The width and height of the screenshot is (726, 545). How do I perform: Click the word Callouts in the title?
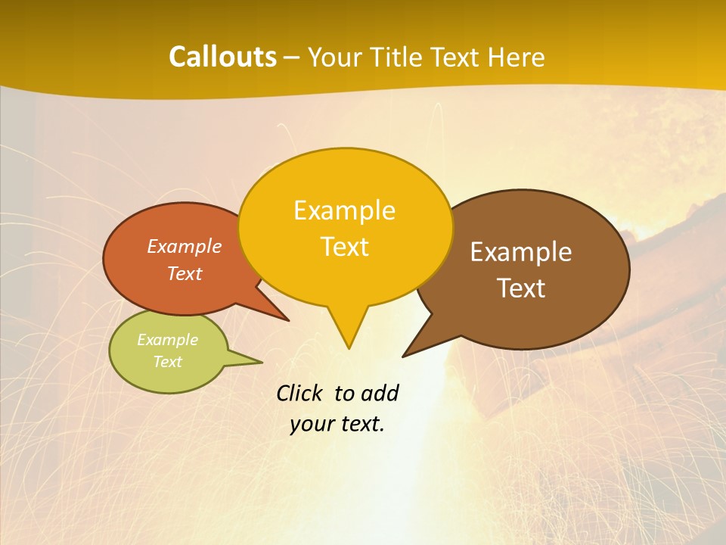tap(222, 57)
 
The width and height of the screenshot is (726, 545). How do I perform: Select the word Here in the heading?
tap(516, 57)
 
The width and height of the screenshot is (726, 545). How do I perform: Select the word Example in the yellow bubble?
tap(345, 210)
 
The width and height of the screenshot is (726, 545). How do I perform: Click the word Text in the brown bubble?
tap(521, 288)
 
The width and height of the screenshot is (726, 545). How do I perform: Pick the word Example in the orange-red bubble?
tap(185, 247)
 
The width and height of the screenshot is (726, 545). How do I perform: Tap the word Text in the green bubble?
tap(167, 362)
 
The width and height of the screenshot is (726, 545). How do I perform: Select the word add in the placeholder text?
tap(379, 393)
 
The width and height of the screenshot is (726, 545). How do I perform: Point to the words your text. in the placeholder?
tap(337, 425)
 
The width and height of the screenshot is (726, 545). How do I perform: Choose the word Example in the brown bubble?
tap(521, 252)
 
